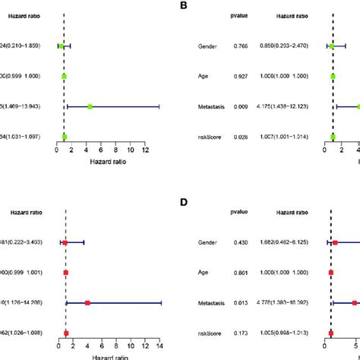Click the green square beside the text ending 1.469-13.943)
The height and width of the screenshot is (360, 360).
click(89, 107)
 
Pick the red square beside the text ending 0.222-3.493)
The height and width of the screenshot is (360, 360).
click(65, 243)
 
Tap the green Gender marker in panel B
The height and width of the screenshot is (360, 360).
click(331, 46)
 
